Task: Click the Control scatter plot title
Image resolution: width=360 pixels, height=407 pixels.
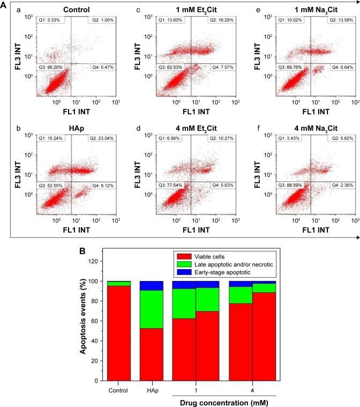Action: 76,9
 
